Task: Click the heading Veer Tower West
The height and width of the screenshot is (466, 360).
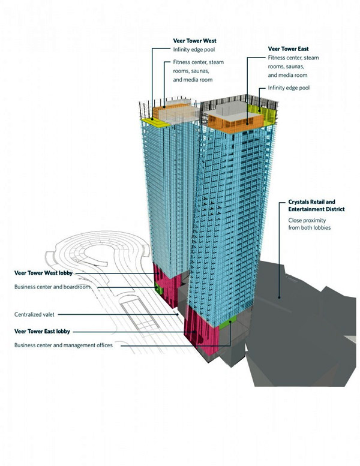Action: (x=195, y=41)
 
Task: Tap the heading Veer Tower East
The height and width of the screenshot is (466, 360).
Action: (x=289, y=49)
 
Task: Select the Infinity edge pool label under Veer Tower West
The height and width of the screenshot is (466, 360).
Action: (x=194, y=50)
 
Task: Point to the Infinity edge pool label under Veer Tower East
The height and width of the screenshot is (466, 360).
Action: (x=289, y=88)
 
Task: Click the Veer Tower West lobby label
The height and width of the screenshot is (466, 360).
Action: (x=43, y=273)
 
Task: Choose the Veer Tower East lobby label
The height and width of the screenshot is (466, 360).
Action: (x=42, y=331)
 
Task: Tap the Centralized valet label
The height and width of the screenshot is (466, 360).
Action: (x=34, y=314)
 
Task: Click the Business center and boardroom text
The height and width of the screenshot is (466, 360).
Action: (x=52, y=287)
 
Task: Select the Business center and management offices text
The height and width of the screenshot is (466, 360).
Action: (x=64, y=345)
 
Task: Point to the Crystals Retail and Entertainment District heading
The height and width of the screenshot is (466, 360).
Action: (x=316, y=205)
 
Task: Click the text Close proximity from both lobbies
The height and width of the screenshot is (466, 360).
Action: (x=310, y=224)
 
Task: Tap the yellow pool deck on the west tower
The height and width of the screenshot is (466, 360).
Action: (x=155, y=122)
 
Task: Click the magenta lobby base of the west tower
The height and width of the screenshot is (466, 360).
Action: (x=167, y=286)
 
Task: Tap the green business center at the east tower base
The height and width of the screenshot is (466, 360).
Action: (x=228, y=322)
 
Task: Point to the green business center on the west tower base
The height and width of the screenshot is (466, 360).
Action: (x=158, y=288)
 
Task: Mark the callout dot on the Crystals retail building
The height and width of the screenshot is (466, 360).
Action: (x=279, y=297)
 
